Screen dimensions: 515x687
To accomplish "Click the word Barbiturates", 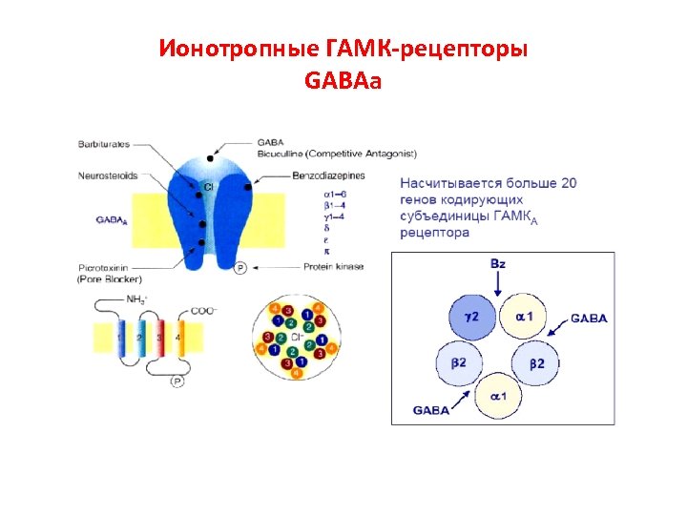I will pos(102,144).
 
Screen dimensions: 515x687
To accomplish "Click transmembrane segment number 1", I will pos(121,338).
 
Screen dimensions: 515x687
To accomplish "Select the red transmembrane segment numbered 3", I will pos(158,338).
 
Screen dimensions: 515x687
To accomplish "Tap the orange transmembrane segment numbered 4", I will pos(177,338).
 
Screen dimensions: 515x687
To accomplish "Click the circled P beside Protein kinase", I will pos(240,268).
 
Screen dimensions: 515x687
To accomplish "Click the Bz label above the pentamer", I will pos(497,262).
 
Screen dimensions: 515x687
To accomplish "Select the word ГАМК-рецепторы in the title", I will pos(400,48).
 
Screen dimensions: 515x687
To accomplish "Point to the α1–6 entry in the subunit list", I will pos(335,194).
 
